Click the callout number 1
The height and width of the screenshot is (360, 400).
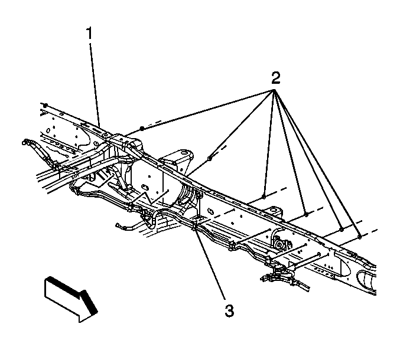pyautogui.click(x=90, y=34)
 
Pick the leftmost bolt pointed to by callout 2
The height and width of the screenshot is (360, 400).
pyautogui.click(x=142, y=128)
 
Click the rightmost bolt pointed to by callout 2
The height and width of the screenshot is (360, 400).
pyautogui.click(x=359, y=235)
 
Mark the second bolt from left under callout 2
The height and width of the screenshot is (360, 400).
pyautogui.click(x=210, y=158)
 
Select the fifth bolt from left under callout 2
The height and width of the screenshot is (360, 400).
pyautogui.click(x=342, y=229)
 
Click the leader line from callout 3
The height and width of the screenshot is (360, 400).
pyautogui.click(x=210, y=266)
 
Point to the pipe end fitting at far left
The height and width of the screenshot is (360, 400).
pyautogui.click(x=27, y=142)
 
